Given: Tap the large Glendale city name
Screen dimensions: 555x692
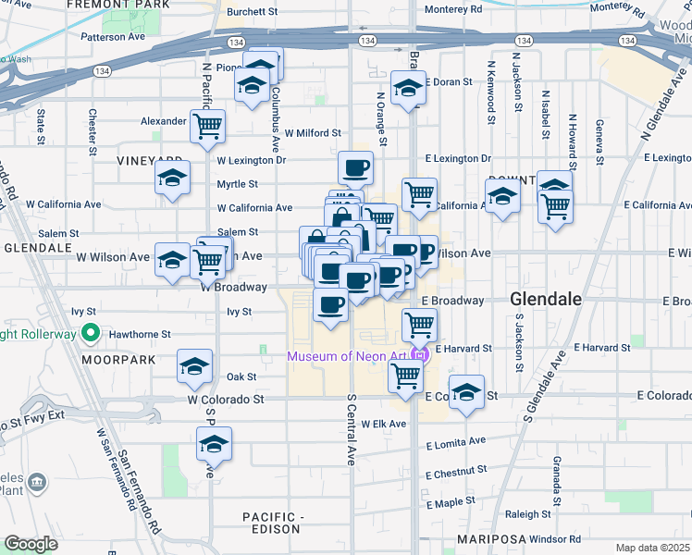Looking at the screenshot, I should [x=546, y=300].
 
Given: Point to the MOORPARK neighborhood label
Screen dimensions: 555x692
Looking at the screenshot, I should [x=112, y=359].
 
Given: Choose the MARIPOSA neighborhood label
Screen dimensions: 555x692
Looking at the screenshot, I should [x=488, y=538].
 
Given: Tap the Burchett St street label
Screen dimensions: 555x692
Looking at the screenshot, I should [x=253, y=12].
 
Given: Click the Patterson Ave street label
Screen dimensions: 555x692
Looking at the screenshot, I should [x=113, y=38].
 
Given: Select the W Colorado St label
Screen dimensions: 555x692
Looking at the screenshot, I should [x=226, y=400].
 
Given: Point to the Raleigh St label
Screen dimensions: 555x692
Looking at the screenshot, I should [x=528, y=514].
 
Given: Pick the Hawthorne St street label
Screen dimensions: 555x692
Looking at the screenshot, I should [x=140, y=334].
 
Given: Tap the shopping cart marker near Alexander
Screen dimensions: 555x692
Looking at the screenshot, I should [x=208, y=125].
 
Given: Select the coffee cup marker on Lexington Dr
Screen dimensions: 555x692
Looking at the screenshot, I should [x=356, y=167].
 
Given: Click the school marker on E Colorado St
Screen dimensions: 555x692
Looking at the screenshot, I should [x=467, y=391].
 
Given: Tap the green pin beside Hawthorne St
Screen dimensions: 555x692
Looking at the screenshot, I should [x=91, y=332].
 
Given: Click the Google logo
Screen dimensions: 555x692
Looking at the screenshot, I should [x=31, y=544].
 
